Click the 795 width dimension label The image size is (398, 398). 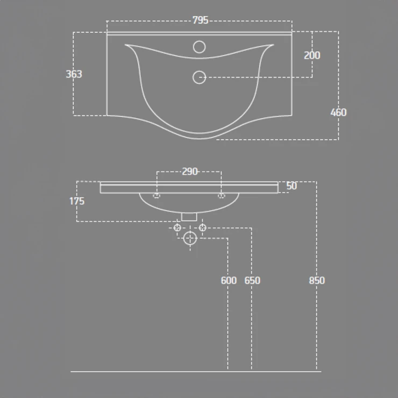click(x=200, y=20)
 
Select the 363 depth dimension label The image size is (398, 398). click(x=74, y=74)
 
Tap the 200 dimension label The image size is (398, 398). click(x=312, y=55)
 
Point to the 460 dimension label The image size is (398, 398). click(x=338, y=112)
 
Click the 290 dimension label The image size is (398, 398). click(x=190, y=172)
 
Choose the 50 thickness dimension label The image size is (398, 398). click(x=292, y=186)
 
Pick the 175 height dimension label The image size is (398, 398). click(x=77, y=201)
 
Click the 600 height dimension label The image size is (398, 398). click(x=229, y=280)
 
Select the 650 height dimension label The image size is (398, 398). click(x=252, y=280)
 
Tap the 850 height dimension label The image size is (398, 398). click(x=317, y=280)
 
